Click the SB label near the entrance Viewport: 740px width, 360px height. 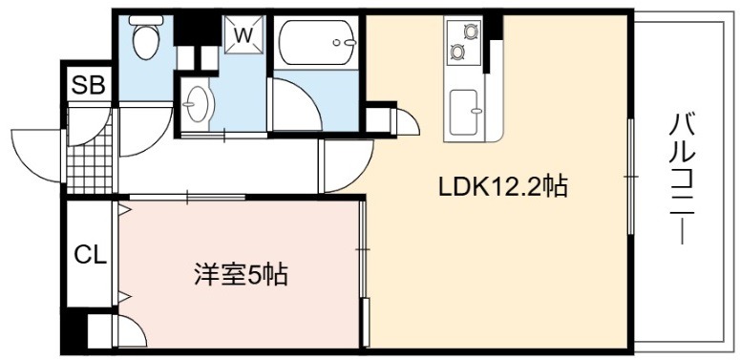tap(88, 85)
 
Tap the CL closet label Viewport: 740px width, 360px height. tap(90, 255)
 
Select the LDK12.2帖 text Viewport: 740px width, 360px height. tap(502, 186)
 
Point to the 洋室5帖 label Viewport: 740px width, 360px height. tap(242, 275)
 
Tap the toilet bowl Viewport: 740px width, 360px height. tap(145, 42)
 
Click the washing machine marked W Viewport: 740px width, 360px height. tap(244, 35)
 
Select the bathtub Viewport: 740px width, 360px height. tap(316, 42)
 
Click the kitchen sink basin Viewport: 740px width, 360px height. tap(464, 112)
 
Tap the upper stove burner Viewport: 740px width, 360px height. tap(470, 32)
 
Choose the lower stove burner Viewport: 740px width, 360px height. tap(457, 52)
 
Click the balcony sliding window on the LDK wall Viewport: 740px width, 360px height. tap(630, 176)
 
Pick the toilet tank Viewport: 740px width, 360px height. tap(146, 20)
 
